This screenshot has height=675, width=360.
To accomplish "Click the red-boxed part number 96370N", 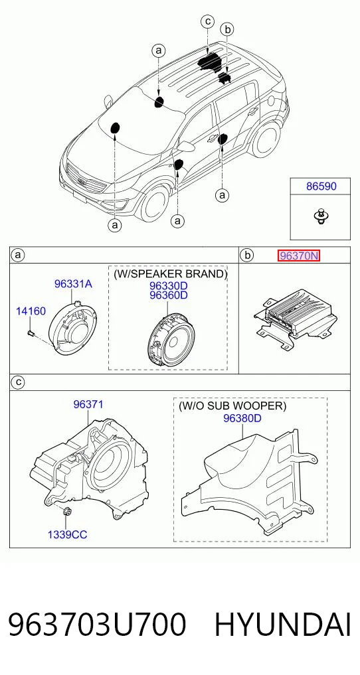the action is [x=298, y=256].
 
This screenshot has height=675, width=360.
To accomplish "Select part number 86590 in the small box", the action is [x=321, y=187].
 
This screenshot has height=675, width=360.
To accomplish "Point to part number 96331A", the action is [x=73, y=283].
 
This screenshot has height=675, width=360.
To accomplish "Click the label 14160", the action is [x=31, y=311].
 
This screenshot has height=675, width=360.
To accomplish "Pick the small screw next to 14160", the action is [x=30, y=332].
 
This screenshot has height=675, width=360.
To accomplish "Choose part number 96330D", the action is [x=168, y=286].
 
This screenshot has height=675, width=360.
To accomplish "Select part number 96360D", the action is [x=168, y=296].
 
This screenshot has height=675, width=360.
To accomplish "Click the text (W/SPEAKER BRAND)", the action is [x=169, y=274].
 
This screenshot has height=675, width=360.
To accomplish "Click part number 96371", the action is [x=88, y=404].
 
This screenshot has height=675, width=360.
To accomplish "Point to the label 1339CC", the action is [x=67, y=535].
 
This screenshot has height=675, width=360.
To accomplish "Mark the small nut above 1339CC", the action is [x=66, y=512].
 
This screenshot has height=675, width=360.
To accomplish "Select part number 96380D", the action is [x=242, y=418].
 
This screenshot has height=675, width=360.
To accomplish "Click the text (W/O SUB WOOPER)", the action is [x=232, y=406].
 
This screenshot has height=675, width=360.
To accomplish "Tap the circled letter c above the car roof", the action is [x=207, y=21].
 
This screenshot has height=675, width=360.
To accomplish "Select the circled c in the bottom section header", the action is [x=18, y=382].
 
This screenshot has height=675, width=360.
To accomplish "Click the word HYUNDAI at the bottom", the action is [x=282, y=625].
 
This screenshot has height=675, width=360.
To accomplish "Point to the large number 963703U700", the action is [x=98, y=625].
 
